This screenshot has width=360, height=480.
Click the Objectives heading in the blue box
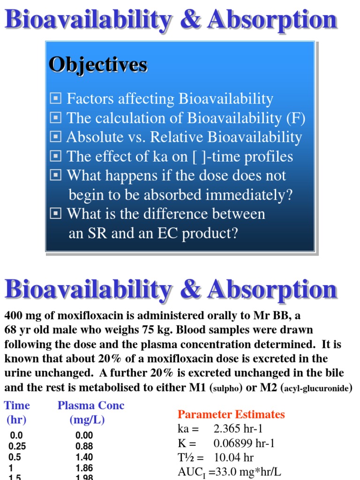tap(98, 65)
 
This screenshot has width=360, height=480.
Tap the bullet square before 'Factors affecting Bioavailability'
tap(55, 98)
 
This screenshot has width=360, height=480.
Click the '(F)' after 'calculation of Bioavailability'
tap(295, 118)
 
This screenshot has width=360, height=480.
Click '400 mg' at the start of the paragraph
tap(20, 315)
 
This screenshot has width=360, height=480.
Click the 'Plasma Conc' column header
tap(91, 405)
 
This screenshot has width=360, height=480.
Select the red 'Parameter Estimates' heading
tap(231, 414)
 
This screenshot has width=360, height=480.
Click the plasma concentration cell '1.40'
tap(84, 457)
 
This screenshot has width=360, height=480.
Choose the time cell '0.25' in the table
tap(18, 447)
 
